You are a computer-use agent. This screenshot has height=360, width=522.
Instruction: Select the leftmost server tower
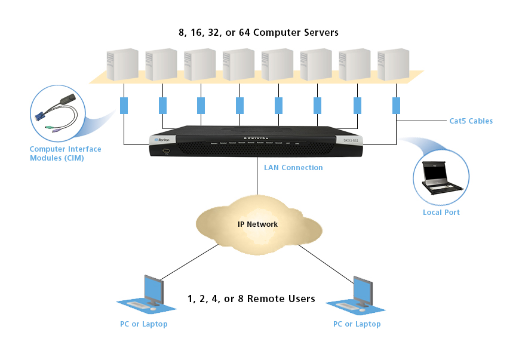pyautogui.click(x=122, y=65)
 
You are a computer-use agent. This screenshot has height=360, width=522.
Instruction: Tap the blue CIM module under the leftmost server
pyautogui.click(x=124, y=106)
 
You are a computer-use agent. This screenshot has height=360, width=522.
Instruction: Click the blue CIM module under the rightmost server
pyautogui.click(x=396, y=106)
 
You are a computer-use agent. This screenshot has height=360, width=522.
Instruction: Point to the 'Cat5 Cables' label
pyautogui.click(x=471, y=121)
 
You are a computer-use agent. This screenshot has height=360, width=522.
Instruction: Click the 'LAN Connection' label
pyautogui.click(x=293, y=168)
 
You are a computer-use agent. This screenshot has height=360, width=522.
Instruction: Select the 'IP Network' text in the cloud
pyautogui.click(x=258, y=224)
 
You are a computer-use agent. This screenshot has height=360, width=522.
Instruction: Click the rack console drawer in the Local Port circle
pyautogui.click(x=440, y=177)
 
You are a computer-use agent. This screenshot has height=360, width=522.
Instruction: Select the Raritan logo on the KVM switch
pyautogui.click(x=162, y=140)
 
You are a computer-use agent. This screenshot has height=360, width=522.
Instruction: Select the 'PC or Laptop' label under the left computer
pyautogui.click(x=143, y=324)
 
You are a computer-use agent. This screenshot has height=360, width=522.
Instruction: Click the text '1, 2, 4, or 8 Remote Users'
pyautogui.click(x=251, y=299)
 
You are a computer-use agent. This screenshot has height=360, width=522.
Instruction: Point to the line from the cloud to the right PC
pyautogui.click(x=326, y=263)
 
